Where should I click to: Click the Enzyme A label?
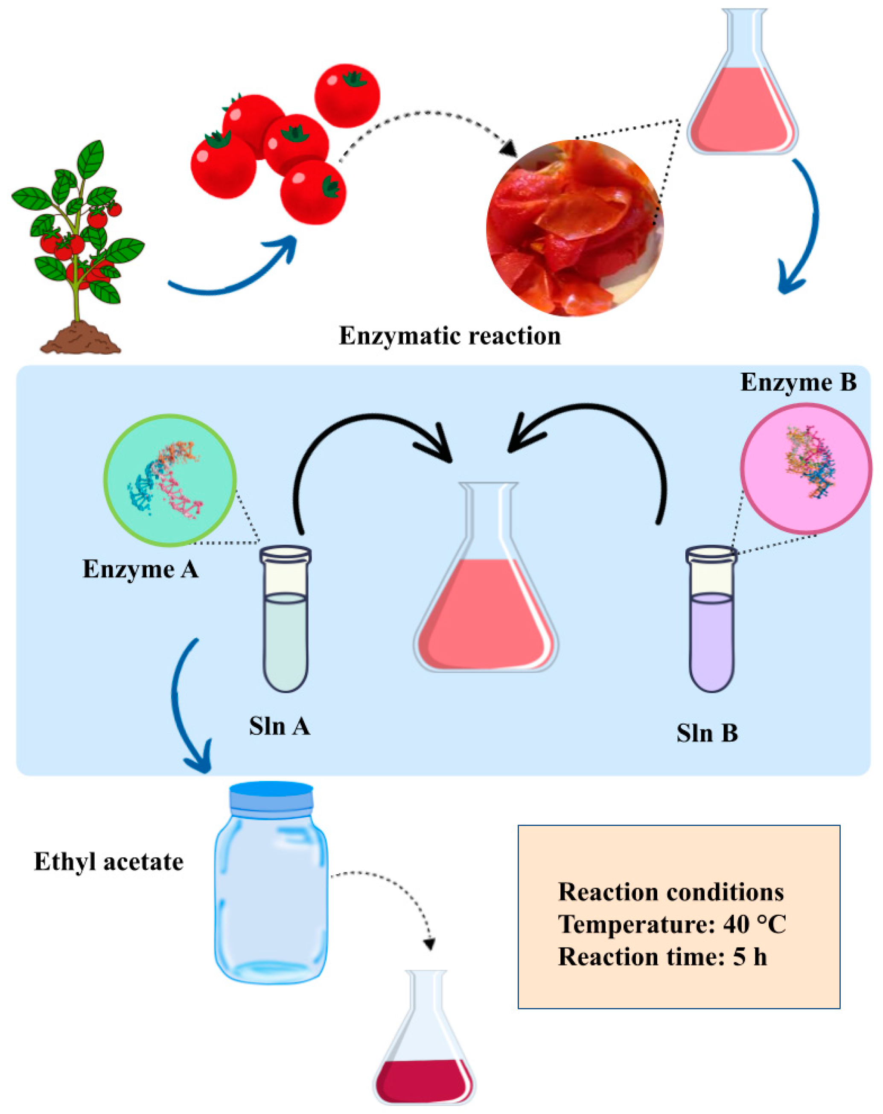click(x=140, y=569)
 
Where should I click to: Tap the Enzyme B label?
click(x=798, y=382)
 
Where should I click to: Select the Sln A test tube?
click(x=285, y=620)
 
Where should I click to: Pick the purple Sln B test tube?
click(x=711, y=620)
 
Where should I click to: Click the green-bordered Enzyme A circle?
click(x=169, y=480)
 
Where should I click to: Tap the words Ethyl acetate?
click(x=108, y=862)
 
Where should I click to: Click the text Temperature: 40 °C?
click(x=672, y=924)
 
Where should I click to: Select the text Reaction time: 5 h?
click(x=662, y=957)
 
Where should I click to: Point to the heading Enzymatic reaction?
click(x=449, y=336)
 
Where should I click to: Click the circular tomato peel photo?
click(x=574, y=228)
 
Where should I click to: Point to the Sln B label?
click(x=707, y=733)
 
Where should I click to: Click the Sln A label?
click(x=279, y=726)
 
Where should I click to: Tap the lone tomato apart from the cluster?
click(x=347, y=96)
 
